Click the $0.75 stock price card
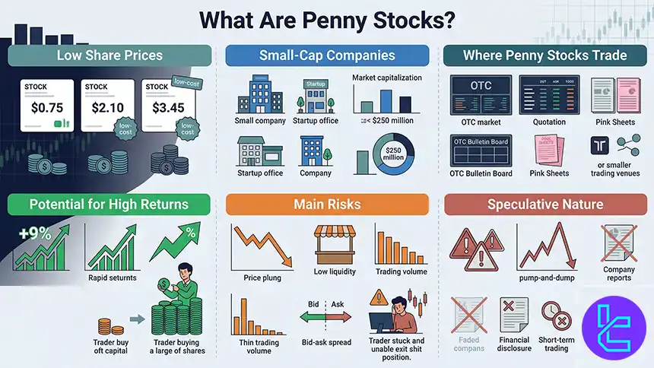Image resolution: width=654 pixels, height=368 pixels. tap(40, 109)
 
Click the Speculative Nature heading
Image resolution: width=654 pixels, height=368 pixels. tap(545, 204)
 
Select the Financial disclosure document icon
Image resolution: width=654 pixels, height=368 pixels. tap(514, 313)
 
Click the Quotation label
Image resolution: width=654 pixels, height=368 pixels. tap(548, 121)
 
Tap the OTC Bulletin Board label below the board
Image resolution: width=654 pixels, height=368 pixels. tap(481, 173)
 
